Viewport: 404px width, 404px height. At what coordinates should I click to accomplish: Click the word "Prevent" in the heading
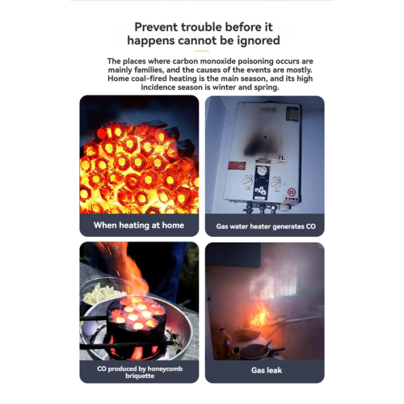[156, 27]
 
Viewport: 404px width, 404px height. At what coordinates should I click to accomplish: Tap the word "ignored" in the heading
[259, 40]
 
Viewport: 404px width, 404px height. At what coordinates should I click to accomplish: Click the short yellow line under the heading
[202, 51]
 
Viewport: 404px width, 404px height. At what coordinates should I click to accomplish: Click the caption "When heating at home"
[139, 225]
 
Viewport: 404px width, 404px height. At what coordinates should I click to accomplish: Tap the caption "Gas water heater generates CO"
[266, 226]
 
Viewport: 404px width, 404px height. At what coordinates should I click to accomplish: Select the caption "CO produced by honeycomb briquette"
[140, 372]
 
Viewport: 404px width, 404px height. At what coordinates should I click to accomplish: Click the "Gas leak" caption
[267, 370]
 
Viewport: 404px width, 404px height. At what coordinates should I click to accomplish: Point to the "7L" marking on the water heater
[281, 158]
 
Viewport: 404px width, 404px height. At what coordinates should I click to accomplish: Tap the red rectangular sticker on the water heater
[237, 166]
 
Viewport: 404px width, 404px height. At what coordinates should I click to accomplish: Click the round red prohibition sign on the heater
[292, 192]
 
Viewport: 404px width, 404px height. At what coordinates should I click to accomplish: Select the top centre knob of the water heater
[262, 171]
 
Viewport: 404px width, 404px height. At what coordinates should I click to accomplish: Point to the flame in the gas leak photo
[260, 315]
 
